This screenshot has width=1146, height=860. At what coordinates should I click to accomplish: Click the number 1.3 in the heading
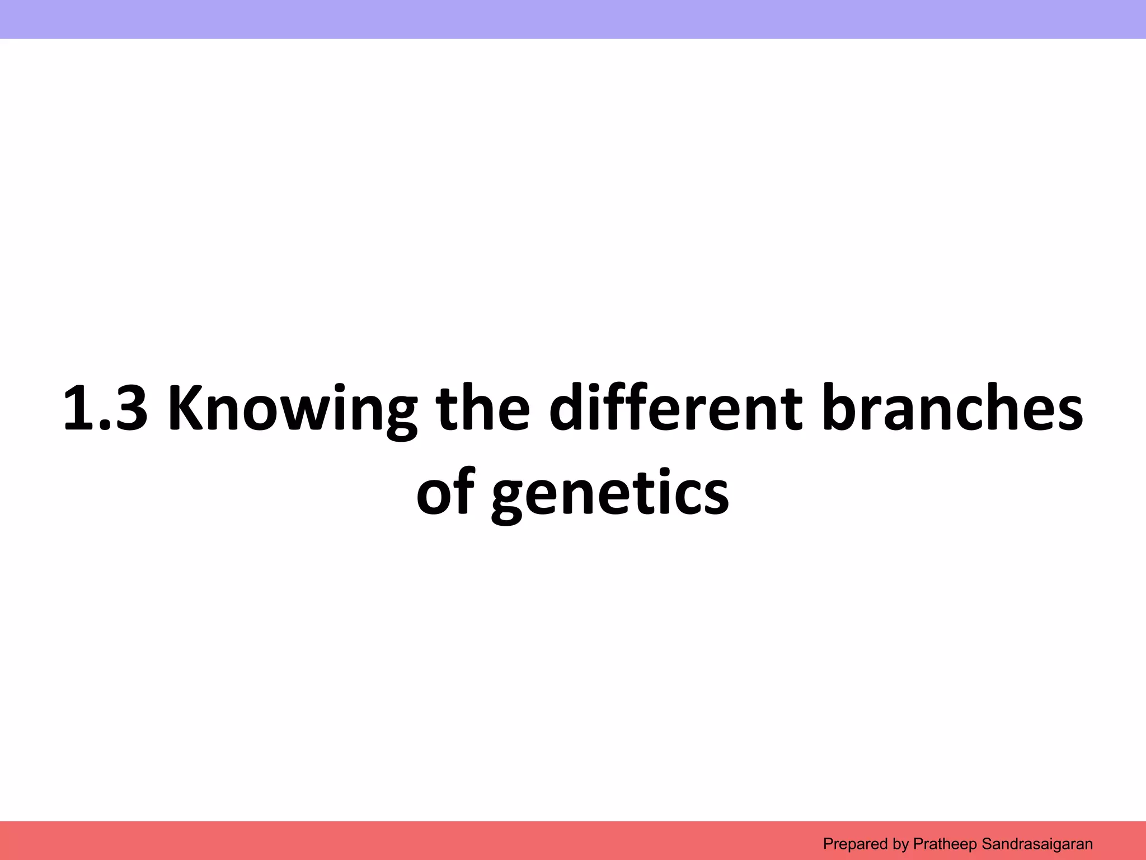105,409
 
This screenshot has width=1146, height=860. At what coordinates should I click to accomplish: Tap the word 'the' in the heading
482,409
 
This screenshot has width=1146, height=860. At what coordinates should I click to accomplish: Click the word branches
953,409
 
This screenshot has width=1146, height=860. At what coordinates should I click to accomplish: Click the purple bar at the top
573,19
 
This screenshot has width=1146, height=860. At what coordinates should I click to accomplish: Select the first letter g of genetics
510,498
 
